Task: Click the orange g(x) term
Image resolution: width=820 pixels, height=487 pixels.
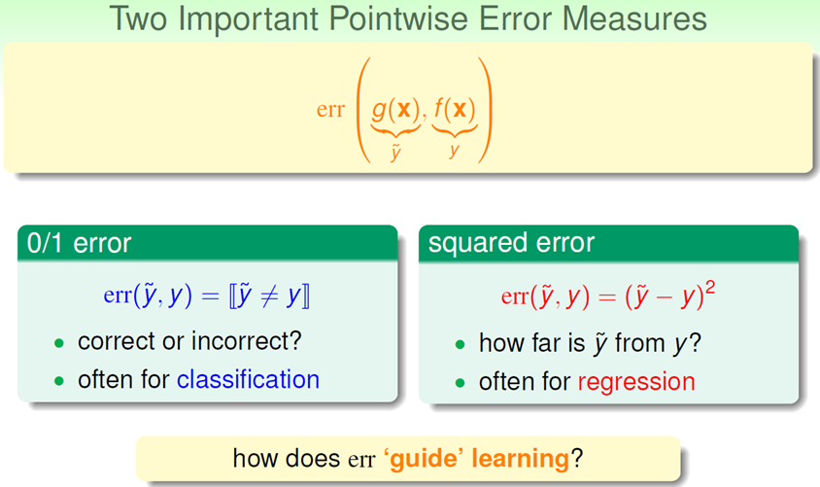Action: click(x=395, y=109)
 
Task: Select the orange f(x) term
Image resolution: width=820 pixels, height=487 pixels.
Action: click(x=455, y=109)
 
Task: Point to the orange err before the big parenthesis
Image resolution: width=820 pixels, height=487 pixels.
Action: click(x=330, y=109)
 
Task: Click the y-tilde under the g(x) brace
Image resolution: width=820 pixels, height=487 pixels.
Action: click(x=395, y=152)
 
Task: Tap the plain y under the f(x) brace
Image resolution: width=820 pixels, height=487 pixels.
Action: click(x=454, y=150)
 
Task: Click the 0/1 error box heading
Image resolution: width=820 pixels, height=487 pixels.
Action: click(x=79, y=243)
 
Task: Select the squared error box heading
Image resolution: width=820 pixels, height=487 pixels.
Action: click(x=511, y=243)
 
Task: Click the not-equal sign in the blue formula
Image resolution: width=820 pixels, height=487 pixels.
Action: click(x=269, y=296)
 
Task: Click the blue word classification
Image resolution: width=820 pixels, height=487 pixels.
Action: click(x=248, y=379)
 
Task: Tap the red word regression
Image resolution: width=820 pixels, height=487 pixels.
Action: click(x=636, y=382)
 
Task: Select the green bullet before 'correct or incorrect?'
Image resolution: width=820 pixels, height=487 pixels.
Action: click(x=59, y=343)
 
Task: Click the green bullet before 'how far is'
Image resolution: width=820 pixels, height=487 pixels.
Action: click(x=461, y=344)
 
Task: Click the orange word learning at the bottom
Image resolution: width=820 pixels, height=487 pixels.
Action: click(x=521, y=458)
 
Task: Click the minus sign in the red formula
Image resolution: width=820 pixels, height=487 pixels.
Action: click(x=665, y=298)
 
